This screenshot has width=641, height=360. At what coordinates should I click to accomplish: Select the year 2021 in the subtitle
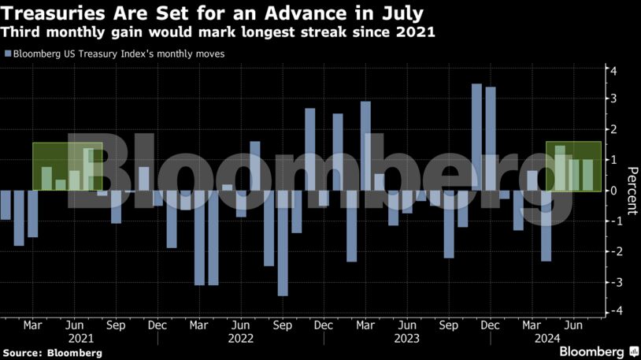point(417,33)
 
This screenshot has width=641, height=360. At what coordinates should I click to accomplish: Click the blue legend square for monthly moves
point(8,54)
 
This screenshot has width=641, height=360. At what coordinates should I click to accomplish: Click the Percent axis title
point(631,191)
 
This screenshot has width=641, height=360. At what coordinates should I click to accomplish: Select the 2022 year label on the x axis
point(241,339)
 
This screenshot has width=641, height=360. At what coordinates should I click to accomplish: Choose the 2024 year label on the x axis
point(547,339)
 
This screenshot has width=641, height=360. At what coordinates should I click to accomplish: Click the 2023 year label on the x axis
point(406,339)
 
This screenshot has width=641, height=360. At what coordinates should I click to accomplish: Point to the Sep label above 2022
point(282,325)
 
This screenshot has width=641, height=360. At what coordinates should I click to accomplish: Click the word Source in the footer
point(22,352)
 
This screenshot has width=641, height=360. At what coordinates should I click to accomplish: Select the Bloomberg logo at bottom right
point(596,351)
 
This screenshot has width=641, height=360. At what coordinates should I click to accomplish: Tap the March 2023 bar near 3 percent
point(365,146)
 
